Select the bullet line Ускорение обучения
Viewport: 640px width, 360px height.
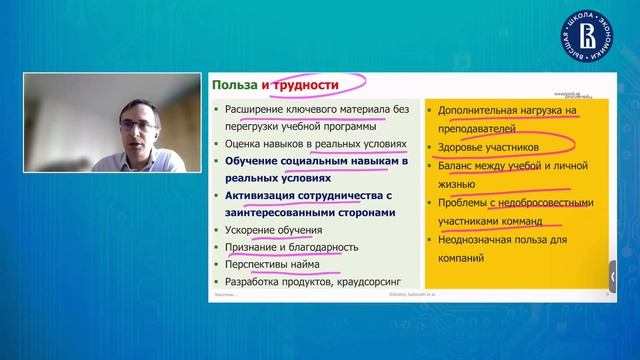264,229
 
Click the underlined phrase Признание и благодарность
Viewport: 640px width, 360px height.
292,246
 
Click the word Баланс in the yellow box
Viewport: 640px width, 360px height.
457,166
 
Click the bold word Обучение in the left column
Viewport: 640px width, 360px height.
252,161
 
